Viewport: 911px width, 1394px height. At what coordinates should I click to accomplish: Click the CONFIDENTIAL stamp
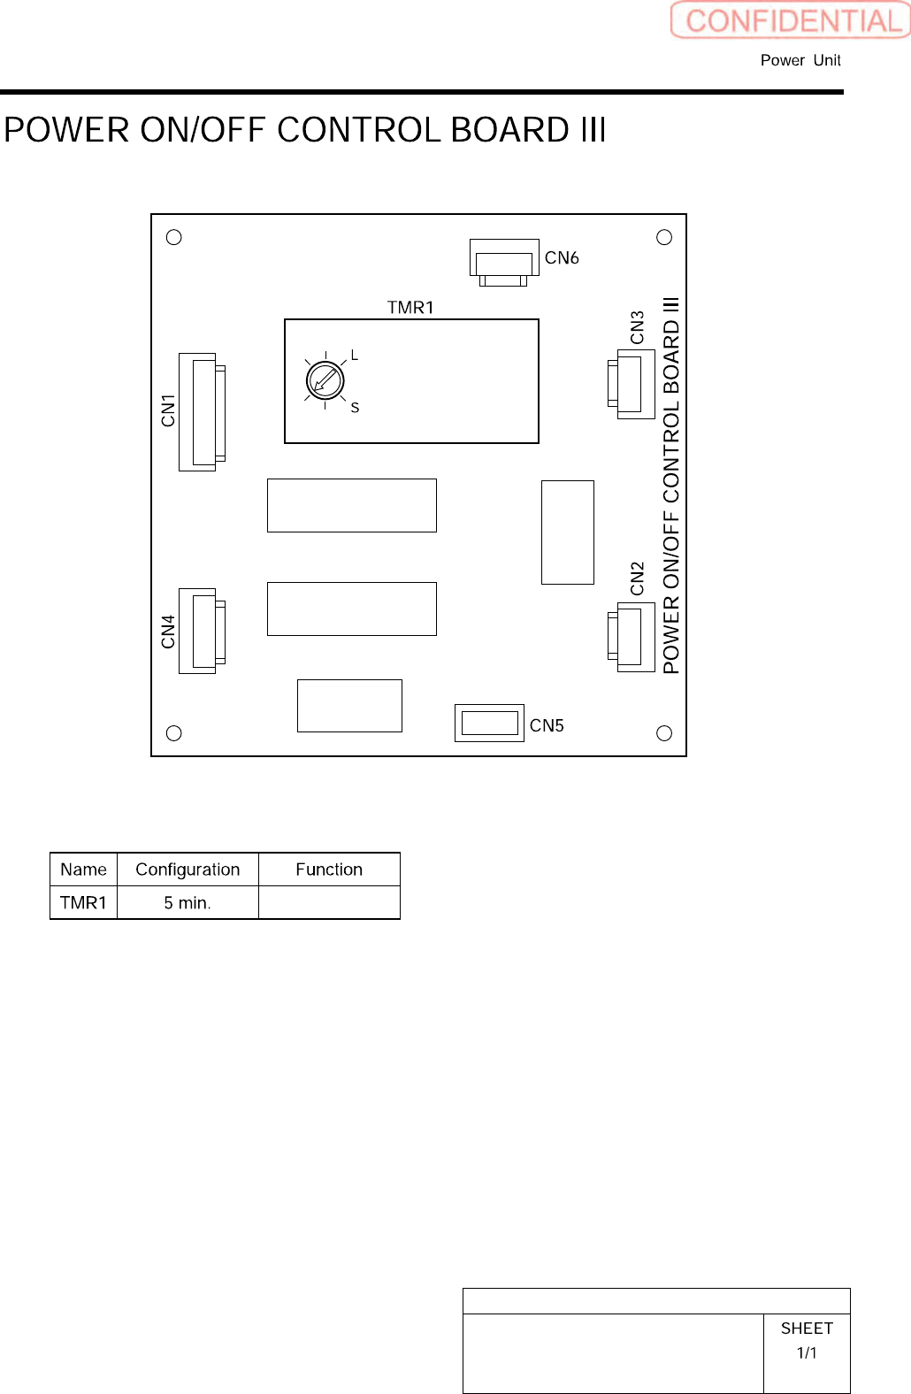point(791,20)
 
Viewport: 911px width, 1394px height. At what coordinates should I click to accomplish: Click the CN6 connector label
point(562,257)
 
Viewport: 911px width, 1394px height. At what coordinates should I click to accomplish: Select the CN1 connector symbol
point(202,412)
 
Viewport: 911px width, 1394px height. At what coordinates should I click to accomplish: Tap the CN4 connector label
point(168,632)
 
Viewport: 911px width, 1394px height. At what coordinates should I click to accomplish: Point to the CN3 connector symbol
point(632,384)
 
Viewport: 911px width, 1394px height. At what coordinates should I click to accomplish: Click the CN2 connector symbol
point(632,637)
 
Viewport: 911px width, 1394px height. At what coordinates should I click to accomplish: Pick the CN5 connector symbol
point(489,723)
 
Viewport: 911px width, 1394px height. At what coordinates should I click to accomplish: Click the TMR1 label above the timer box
point(410,307)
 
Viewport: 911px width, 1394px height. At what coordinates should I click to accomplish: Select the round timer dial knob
point(325,380)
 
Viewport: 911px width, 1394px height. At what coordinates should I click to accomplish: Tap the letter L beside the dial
point(355,356)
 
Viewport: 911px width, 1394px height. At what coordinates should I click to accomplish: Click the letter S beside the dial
point(355,408)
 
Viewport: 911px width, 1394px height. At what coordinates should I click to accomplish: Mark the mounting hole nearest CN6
point(664,237)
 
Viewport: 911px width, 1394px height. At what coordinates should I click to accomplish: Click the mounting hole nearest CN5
point(664,733)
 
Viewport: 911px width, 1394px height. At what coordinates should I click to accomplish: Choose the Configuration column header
point(188,869)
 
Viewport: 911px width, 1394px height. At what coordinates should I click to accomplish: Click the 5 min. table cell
point(188,903)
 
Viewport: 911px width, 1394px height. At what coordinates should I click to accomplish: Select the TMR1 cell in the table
point(83,903)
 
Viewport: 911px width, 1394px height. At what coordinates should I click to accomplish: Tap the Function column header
point(329,869)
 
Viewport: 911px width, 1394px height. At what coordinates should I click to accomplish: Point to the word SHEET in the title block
point(807,1329)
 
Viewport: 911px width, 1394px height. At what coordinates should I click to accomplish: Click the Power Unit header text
point(800,60)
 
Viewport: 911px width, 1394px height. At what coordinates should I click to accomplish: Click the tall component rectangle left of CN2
point(568,532)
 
